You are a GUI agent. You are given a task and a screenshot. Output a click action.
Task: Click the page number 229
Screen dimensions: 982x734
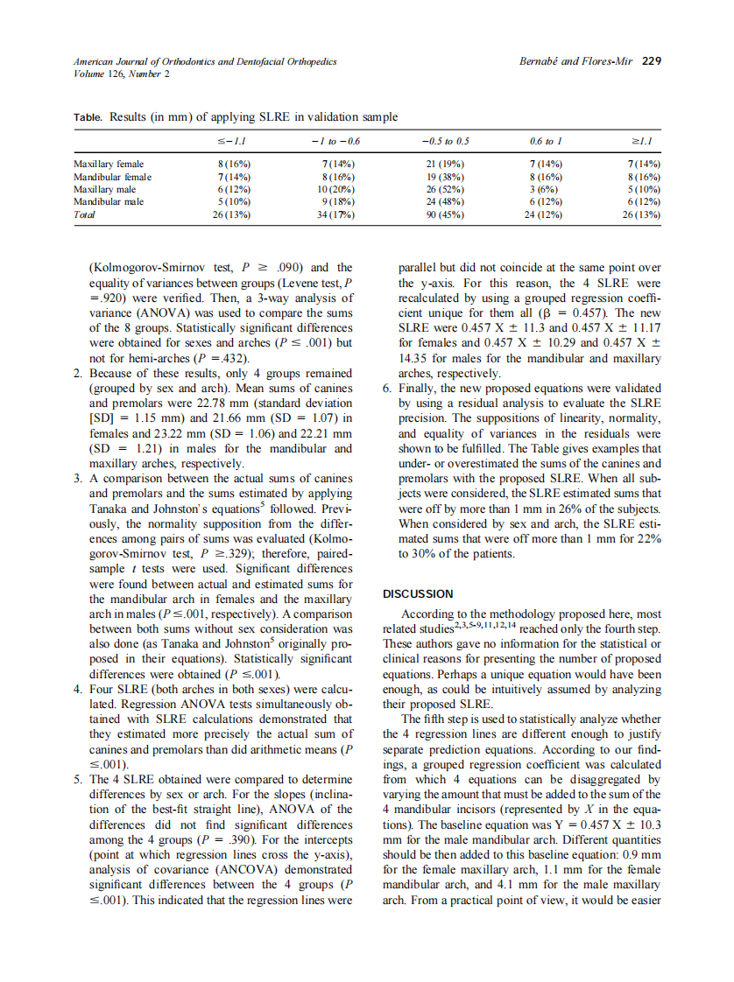651,61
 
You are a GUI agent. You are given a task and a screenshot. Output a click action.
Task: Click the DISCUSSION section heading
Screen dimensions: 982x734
418,593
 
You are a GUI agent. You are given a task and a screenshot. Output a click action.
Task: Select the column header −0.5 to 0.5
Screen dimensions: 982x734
445,140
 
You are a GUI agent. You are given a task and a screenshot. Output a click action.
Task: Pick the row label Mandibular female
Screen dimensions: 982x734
112,176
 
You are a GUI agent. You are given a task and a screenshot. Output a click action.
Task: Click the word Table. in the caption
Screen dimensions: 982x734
88,117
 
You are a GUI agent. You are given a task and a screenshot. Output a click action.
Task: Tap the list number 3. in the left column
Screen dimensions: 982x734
79,478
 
